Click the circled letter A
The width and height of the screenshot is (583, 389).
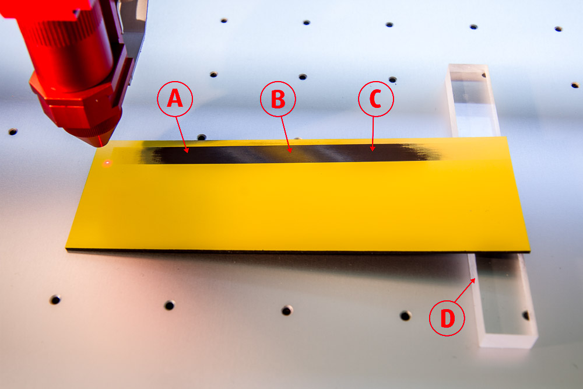[175, 99]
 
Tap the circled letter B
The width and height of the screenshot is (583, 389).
[278, 99]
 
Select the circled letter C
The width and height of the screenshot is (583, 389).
[376, 99]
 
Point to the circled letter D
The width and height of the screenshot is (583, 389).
[447, 318]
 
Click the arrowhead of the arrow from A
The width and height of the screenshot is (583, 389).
[187, 150]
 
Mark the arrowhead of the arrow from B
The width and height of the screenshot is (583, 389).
[290, 150]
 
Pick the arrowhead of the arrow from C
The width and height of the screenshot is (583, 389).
[373, 148]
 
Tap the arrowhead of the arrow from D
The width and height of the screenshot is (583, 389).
[473, 280]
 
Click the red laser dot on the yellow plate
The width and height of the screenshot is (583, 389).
[107, 163]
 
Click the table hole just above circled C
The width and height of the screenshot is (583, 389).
[392, 79]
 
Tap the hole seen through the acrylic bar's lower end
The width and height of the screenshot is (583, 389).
[526, 316]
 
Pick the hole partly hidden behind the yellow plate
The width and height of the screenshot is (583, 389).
[201, 137]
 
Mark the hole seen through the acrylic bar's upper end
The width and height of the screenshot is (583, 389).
[484, 75]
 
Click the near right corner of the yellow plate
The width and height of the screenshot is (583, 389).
[529, 252]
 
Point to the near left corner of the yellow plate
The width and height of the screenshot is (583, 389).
[66, 248]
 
